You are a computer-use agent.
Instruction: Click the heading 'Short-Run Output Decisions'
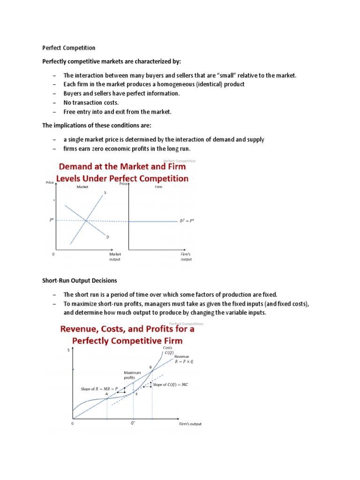[80, 280]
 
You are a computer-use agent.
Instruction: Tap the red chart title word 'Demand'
[80, 166]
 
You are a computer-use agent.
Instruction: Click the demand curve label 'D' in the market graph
[107, 237]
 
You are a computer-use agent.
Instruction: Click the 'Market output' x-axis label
[115, 256]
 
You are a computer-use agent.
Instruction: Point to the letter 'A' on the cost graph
[106, 394]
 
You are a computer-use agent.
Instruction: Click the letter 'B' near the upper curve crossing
[150, 367]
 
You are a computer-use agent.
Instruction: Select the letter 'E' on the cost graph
[136, 395]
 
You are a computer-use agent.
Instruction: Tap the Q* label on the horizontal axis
[133, 422]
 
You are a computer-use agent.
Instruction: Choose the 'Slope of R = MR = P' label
[99, 389]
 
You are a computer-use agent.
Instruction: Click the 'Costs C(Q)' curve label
[167, 350]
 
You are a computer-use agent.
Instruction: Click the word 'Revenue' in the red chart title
[84, 329]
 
